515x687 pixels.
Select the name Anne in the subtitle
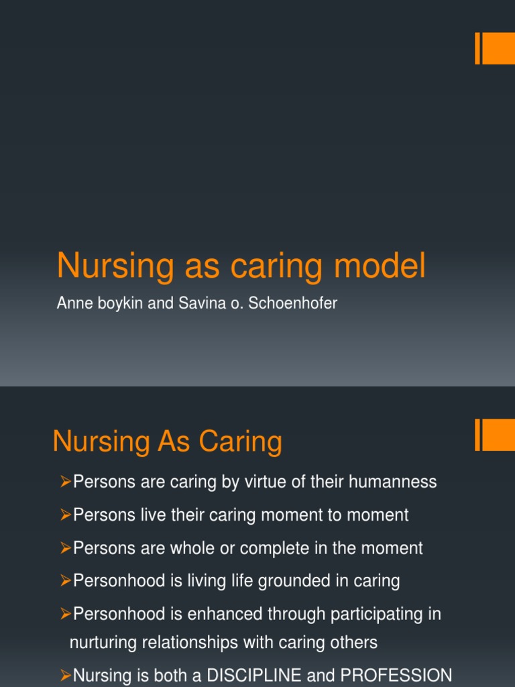tap(71, 303)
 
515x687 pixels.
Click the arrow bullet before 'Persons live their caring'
tap(65, 515)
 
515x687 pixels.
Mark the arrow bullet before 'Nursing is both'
tap(65, 675)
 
